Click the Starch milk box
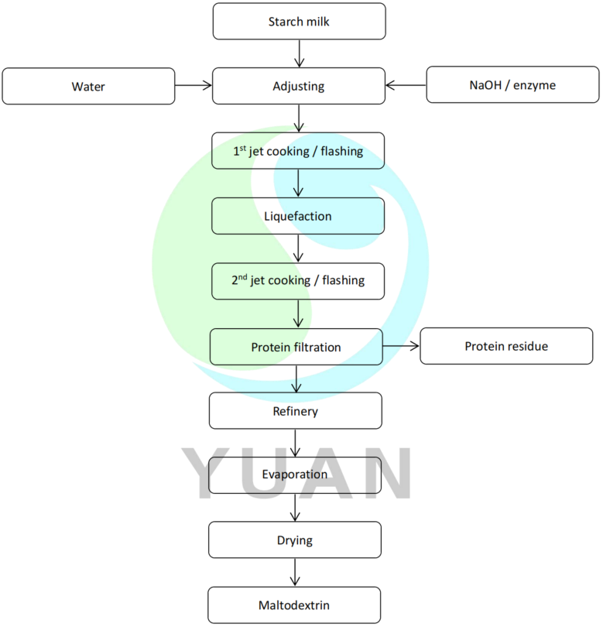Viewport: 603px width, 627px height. coord(299,21)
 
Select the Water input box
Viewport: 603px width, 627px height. coord(88,86)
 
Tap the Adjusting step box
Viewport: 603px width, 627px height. coord(299,86)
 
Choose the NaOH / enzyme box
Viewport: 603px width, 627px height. coord(512,86)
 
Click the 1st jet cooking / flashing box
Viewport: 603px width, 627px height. coord(298,151)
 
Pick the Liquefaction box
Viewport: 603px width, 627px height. coord(298,216)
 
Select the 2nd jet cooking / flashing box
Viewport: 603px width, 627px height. coord(298,281)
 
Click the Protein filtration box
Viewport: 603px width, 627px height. coord(296,347)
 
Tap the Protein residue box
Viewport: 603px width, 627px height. coord(506,346)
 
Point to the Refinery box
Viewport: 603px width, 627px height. coord(295,411)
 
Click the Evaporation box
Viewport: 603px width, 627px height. coord(295,475)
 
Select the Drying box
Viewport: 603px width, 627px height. coord(295,540)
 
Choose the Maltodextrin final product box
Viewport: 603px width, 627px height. coord(295,605)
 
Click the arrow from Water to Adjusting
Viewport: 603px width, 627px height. coord(194,86)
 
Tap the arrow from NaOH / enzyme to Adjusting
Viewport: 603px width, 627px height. coord(406,86)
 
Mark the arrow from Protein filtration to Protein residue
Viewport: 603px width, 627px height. coord(401,347)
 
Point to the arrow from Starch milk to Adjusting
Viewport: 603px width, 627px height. coord(299,53)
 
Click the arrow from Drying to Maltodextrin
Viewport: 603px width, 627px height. coord(295,572)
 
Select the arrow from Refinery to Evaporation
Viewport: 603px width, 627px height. coord(295,443)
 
